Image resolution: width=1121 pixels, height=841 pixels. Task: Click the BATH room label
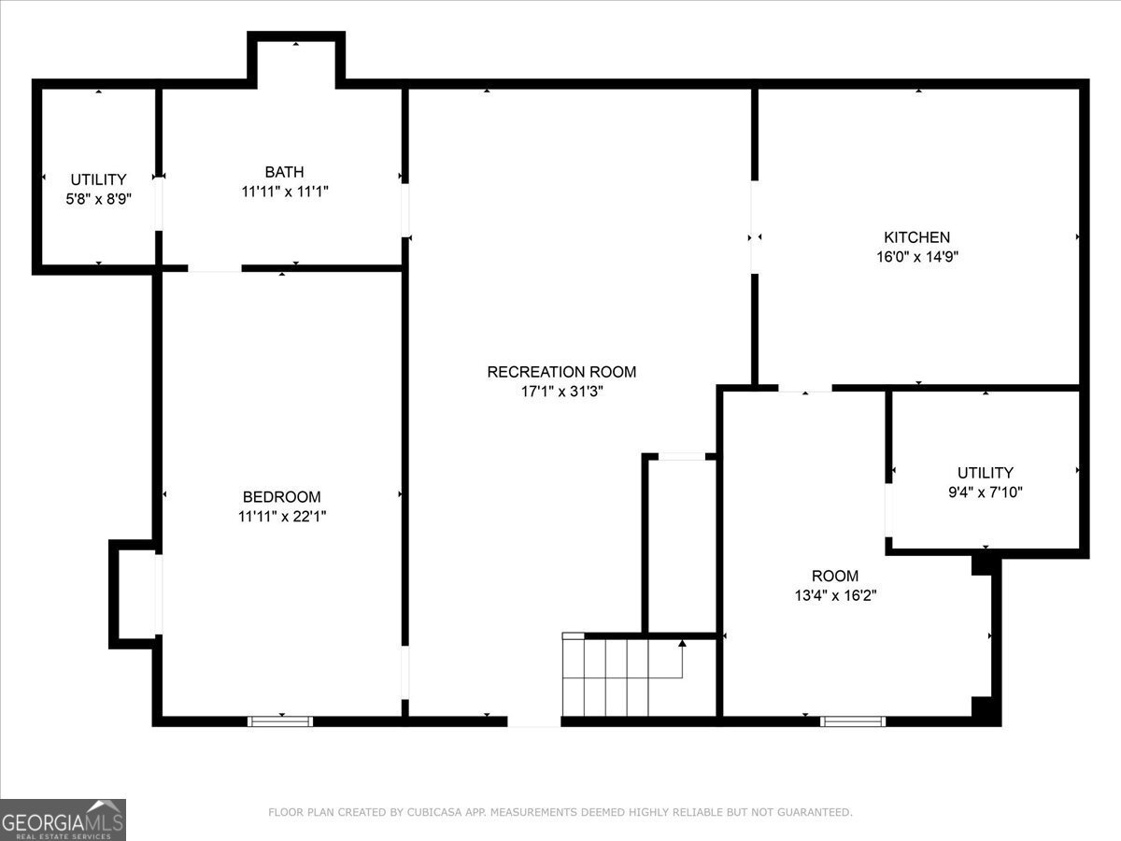284,172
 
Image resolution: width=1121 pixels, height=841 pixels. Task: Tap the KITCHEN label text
916,237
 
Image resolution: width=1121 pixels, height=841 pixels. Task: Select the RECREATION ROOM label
561,372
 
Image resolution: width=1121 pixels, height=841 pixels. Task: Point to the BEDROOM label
281,497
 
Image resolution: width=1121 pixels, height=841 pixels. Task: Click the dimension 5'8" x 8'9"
99,199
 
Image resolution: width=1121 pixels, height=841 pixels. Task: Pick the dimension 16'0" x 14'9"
917,256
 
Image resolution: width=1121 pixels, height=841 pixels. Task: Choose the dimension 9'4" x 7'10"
986,492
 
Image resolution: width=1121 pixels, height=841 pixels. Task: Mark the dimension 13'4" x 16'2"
835,595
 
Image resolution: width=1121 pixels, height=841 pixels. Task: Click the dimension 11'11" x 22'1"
282,516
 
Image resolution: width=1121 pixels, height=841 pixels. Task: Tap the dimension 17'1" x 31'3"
561,392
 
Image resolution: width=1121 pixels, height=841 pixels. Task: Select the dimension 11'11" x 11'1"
285,192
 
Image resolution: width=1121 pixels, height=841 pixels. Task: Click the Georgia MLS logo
63,820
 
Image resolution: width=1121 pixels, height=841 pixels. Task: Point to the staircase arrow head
682,643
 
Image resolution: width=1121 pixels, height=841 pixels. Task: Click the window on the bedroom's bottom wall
280,721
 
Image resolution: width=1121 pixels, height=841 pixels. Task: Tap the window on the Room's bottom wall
853,721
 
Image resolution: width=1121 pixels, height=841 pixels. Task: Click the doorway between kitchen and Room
805,389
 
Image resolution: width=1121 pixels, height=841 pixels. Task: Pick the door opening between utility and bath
159,203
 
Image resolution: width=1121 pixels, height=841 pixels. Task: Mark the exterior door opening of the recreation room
533,721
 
